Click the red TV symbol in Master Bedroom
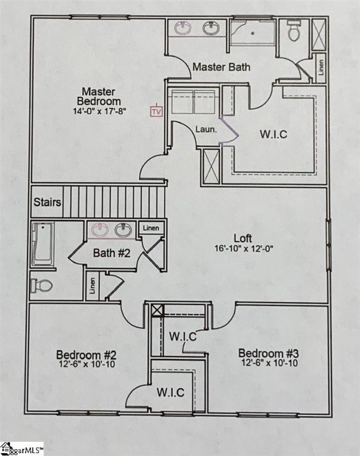point(156,111)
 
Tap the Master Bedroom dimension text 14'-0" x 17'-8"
point(99,111)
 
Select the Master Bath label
point(221,67)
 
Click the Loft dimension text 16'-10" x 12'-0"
point(246,249)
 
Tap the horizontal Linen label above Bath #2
point(151,228)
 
